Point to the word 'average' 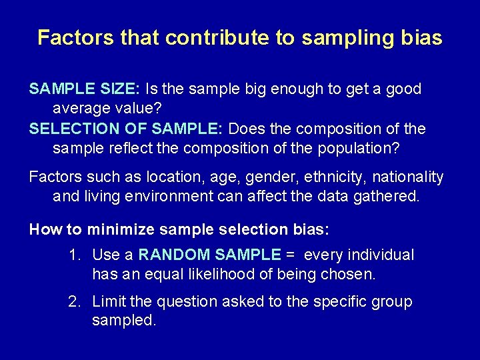tap(82, 109)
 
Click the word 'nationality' tap(407, 177)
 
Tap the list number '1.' tap(75, 255)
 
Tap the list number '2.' tap(75, 301)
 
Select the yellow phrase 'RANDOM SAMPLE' tap(209, 255)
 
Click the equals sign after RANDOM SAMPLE tap(289, 255)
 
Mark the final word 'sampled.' tap(124, 321)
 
